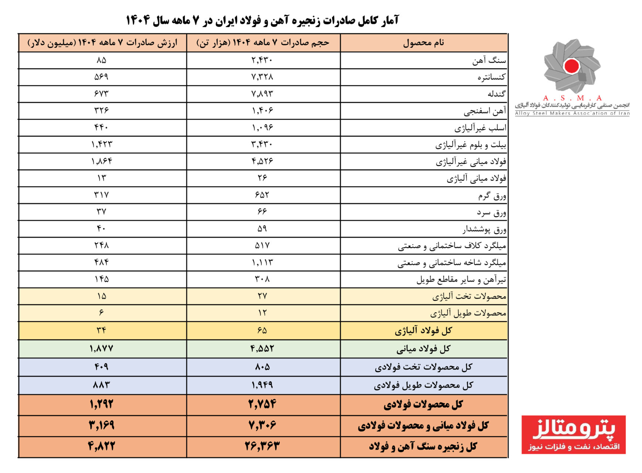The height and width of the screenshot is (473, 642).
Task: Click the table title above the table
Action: click(x=262, y=20)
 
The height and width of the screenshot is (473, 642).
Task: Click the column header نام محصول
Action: click(x=424, y=43)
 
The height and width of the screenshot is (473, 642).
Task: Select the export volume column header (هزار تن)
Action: click(x=263, y=43)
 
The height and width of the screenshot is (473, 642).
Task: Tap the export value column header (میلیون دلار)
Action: click(x=102, y=43)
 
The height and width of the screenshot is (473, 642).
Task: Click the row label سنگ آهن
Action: click(x=489, y=61)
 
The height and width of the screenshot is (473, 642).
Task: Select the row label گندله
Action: click(x=496, y=94)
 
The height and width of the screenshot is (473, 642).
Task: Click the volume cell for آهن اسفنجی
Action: click(x=262, y=110)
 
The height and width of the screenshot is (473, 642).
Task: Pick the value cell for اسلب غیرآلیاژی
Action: click(x=101, y=127)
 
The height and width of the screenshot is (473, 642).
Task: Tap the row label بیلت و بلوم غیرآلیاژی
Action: click(x=470, y=145)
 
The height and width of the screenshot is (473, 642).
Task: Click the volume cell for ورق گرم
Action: click(x=262, y=195)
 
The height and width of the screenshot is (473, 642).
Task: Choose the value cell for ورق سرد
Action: click(x=101, y=212)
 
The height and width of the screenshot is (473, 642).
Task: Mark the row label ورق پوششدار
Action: click(x=484, y=229)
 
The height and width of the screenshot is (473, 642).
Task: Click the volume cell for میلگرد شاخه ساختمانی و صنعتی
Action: click(x=262, y=262)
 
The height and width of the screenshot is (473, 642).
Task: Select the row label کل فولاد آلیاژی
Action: click(x=423, y=331)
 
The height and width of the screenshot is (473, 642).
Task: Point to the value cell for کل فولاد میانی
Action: click(x=101, y=348)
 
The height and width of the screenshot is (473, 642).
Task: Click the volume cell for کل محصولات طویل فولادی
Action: click(x=262, y=385)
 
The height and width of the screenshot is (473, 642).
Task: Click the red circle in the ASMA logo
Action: click(x=571, y=66)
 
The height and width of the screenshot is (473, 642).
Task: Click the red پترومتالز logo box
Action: click(x=573, y=435)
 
